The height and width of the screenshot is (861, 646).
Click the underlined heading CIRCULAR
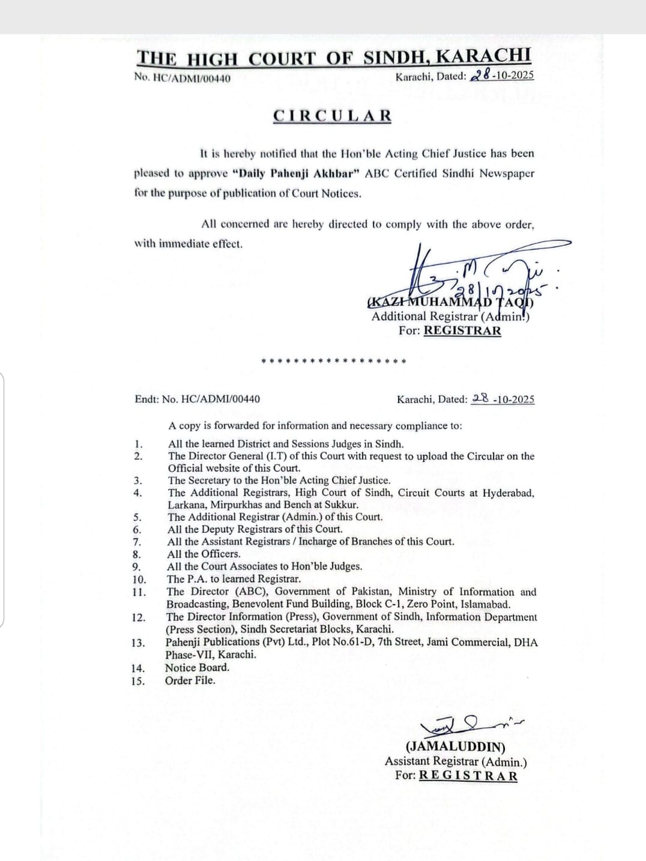point(332,116)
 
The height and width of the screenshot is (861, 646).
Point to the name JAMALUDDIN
point(456,747)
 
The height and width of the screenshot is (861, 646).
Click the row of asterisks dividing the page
point(334,362)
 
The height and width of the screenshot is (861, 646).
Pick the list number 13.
point(138,643)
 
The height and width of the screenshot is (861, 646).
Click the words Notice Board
point(197,667)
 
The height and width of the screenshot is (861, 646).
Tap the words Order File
point(190,680)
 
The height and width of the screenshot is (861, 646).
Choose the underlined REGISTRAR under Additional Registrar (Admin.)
point(462,330)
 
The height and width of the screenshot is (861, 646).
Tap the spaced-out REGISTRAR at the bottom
point(468,775)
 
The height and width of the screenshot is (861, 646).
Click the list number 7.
point(137,542)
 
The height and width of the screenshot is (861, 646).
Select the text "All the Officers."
point(204,554)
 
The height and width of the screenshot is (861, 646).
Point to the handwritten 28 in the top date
point(481,75)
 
